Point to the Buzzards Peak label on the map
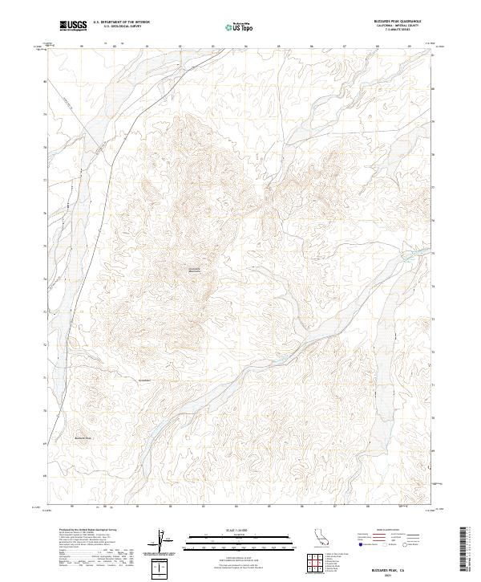coord(84,438)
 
